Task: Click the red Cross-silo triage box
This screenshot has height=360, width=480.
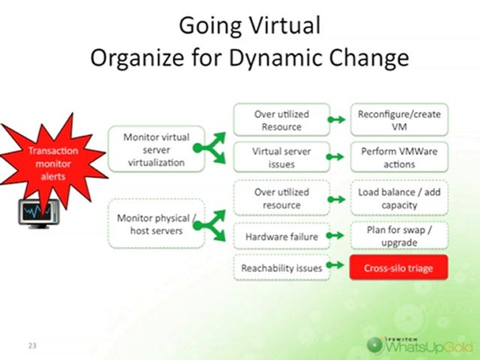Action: coord(398,268)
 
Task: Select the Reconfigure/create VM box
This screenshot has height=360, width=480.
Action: coord(399,119)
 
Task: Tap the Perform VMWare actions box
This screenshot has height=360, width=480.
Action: coord(399,157)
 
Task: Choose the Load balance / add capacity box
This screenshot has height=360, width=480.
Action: coord(399,198)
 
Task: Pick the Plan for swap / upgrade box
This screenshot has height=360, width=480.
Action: coord(399,236)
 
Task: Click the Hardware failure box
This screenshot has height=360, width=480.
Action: coord(281,236)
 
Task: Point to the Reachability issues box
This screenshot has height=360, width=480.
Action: coord(281,268)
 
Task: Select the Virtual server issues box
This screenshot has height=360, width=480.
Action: coord(281,157)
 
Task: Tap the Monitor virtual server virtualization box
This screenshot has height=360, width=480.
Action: coord(156,149)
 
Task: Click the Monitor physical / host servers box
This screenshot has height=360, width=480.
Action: coord(156,223)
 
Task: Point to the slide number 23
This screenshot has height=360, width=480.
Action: coord(32,345)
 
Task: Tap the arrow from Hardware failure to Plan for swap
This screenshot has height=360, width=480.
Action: coord(336,235)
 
